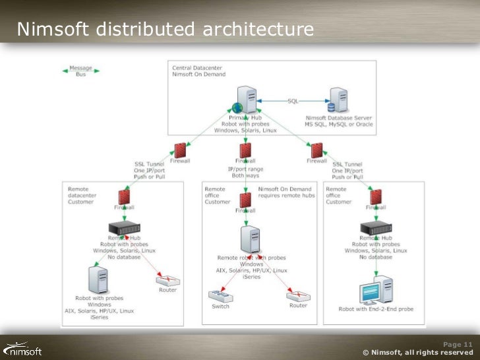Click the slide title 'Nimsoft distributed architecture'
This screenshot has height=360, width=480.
[x=165, y=30]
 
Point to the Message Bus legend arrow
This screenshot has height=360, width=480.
[x=80, y=71]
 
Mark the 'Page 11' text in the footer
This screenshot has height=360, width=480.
[x=458, y=344]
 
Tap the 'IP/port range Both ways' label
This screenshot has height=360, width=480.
[x=245, y=173]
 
